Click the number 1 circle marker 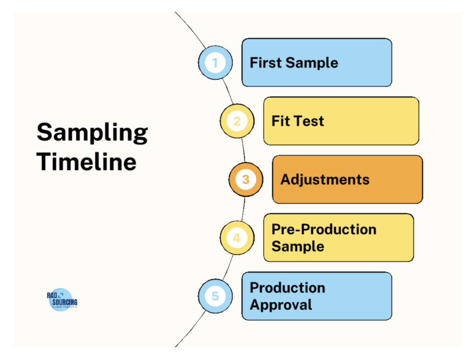point(215,63)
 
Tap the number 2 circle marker point(237,121)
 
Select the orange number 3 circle point(246,179)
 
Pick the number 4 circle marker point(237,238)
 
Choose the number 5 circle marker point(215,296)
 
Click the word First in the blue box point(266,63)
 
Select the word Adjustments point(325,179)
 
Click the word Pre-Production point(324,229)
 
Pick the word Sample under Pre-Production point(297,246)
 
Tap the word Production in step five point(287,288)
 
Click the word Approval point(281,305)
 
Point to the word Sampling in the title point(92,133)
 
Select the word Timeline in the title point(86,162)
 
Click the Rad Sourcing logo point(62,300)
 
